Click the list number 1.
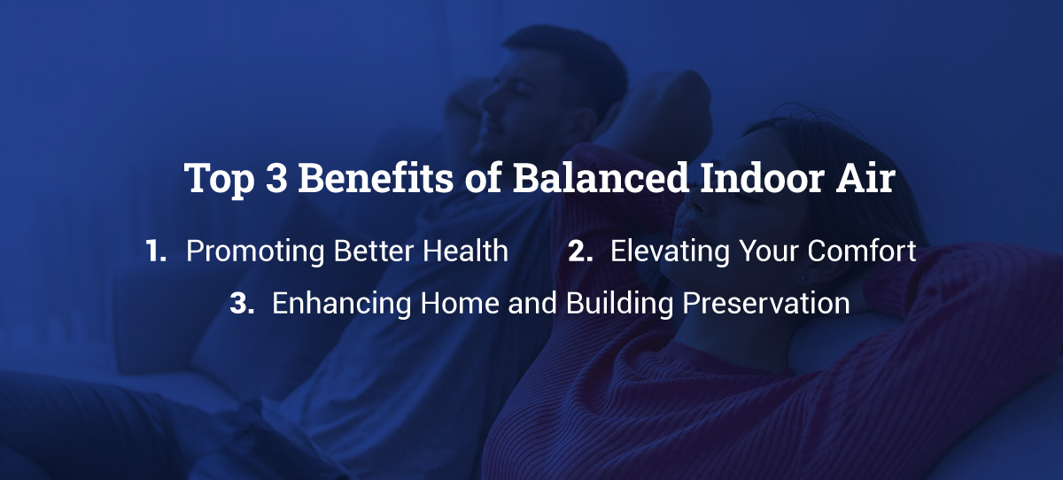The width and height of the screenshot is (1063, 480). click(x=156, y=252)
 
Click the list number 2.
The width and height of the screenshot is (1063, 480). click(x=580, y=252)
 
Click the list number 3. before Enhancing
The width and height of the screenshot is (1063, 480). click(x=242, y=303)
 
